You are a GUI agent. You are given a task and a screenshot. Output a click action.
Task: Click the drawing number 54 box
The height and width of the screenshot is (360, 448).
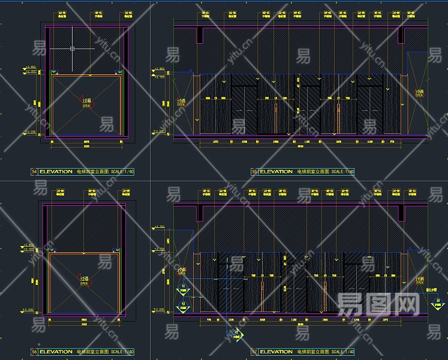[34, 172]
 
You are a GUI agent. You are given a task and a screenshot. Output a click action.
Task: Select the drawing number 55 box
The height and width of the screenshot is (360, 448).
[254, 172]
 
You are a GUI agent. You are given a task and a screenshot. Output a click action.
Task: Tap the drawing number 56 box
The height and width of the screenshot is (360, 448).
[34, 352]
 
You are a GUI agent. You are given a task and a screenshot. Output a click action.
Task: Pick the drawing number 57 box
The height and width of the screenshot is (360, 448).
[254, 352]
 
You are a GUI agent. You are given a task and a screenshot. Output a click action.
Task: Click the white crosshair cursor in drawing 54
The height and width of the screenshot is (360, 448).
[72, 48]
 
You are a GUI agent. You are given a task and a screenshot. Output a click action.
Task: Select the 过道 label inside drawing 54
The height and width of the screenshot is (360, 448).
[87, 102]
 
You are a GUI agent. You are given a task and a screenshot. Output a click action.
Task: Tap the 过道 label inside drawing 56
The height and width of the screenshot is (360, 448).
[86, 278]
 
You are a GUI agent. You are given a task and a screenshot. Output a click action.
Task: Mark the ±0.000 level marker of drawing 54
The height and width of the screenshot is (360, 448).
[29, 131]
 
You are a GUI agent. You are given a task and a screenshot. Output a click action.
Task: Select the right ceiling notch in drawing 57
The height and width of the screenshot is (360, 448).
[401, 213]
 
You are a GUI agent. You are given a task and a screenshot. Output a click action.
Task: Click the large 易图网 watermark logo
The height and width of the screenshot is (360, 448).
[378, 305]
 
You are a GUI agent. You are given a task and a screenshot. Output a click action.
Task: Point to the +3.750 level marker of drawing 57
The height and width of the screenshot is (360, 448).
[160, 227]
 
